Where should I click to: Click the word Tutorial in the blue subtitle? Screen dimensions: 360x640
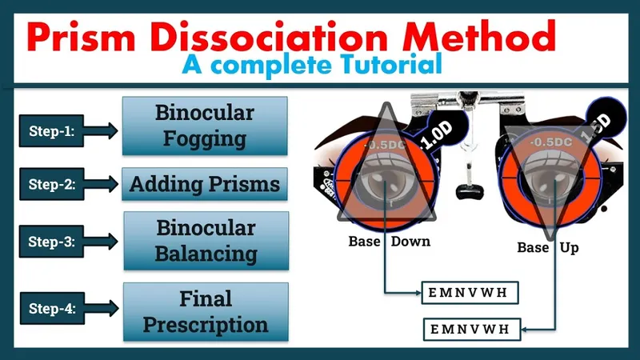pos(393,64)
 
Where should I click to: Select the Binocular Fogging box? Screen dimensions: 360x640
pos(205,126)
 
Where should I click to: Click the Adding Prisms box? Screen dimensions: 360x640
pos(205,186)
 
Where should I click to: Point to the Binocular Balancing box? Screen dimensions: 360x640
pos(205,241)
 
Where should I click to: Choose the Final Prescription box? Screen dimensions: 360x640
pos(205,312)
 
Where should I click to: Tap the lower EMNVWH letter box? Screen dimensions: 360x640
pos(472,329)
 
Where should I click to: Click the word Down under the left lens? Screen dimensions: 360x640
pos(411,242)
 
